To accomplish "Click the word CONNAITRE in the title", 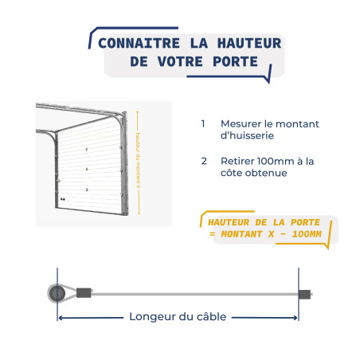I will pos(135,44).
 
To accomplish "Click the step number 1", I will pos(203,124).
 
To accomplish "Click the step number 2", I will pos(204,161).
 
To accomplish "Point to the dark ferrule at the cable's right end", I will pos(305,295).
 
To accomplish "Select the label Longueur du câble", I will pos(178,317).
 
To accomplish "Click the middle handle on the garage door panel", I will pos(86,170).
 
